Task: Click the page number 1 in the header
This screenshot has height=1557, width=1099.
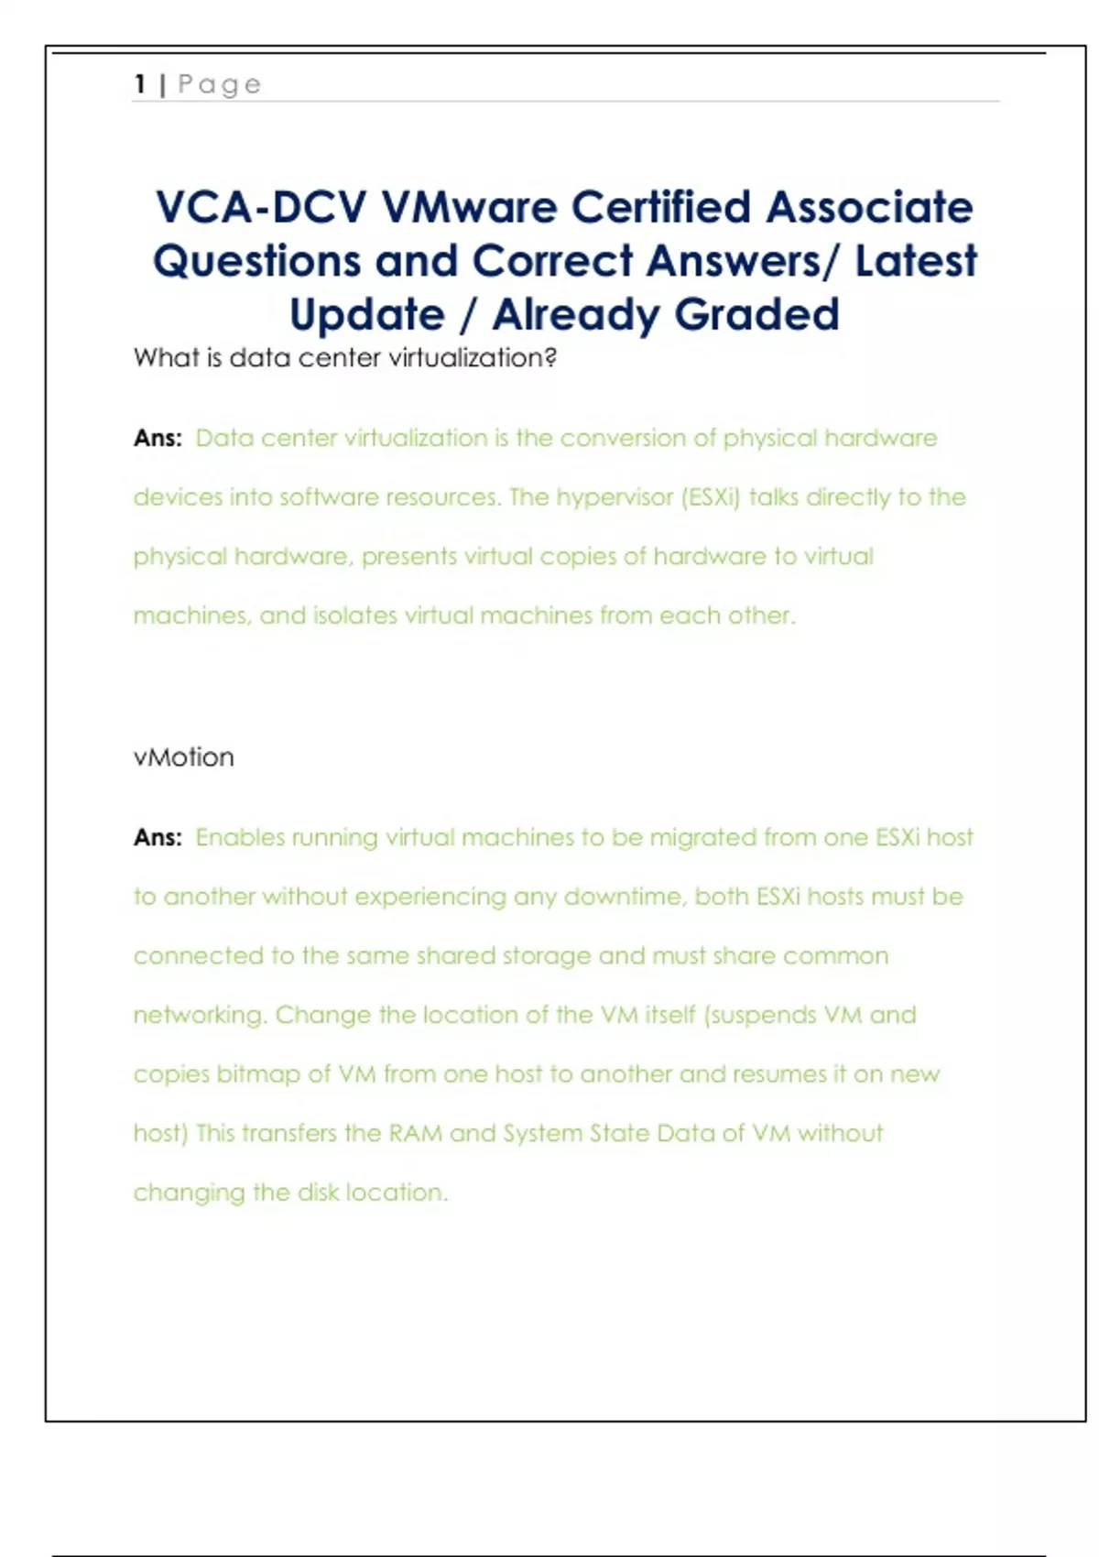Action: [x=140, y=84]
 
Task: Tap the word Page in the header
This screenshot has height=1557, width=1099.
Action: [x=220, y=84]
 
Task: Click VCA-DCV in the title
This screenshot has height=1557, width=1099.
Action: [x=261, y=207]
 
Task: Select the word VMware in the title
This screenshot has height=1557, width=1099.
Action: [x=469, y=207]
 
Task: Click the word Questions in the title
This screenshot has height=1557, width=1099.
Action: [x=256, y=261]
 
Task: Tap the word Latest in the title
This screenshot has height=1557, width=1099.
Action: [x=916, y=261]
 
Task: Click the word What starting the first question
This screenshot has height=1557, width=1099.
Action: [x=166, y=357]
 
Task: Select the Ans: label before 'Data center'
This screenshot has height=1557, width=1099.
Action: [x=158, y=438]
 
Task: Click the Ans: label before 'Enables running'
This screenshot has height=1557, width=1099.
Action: [x=158, y=837]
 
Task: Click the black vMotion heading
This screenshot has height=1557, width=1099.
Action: [x=183, y=757]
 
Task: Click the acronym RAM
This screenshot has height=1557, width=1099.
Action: [x=415, y=1133]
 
